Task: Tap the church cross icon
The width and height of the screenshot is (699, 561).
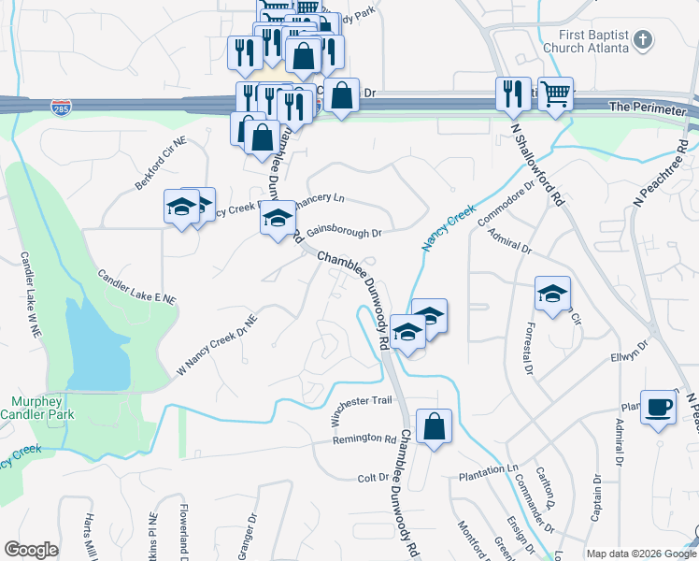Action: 641,39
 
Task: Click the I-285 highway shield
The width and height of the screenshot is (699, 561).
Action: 62,107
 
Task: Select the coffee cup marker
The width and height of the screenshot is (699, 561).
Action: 660,408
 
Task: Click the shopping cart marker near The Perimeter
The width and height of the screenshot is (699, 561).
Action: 555,94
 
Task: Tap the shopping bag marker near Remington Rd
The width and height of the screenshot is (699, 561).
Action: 435,427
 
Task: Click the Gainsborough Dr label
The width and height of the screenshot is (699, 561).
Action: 344,230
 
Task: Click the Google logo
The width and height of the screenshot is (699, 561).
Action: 31,550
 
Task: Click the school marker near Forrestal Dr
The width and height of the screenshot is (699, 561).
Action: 552,294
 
